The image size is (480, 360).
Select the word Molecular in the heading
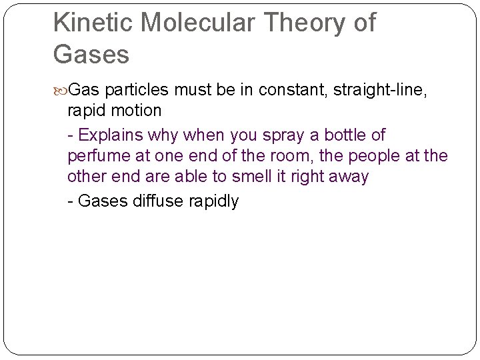pyautogui.click(x=198, y=23)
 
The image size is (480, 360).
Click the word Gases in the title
pyautogui.click(x=91, y=54)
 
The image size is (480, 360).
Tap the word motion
pyautogui.click(x=137, y=110)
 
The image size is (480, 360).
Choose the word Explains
pyautogui.click(x=110, y=135)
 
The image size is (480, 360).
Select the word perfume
pyautogui.click(x=98, y=156)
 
